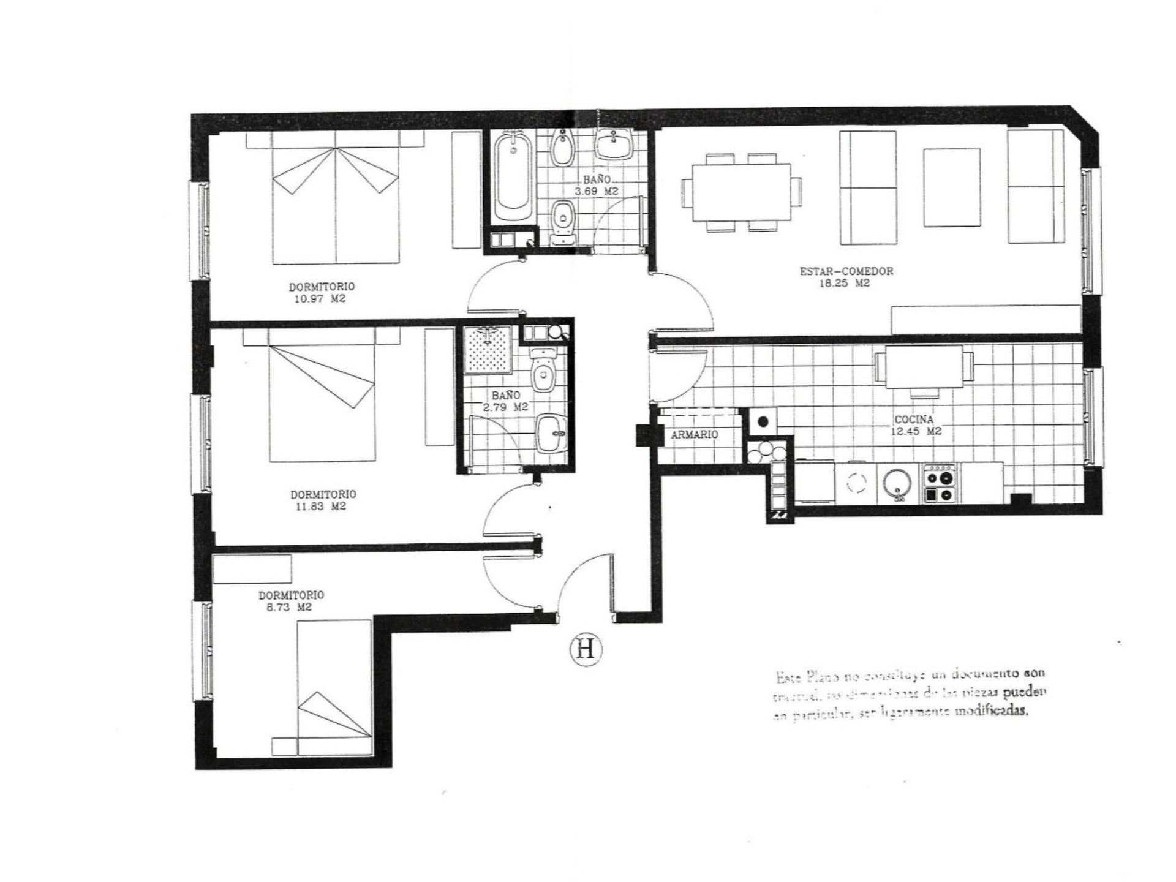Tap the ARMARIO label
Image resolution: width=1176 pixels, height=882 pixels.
click(694, 434)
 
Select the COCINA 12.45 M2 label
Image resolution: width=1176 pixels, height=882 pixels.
click(914, 425)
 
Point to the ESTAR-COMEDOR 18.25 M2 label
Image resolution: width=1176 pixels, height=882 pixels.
click(846, 277)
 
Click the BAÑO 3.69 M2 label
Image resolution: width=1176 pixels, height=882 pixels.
click(597, 185)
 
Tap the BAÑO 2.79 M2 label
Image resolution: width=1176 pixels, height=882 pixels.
click(506, 401)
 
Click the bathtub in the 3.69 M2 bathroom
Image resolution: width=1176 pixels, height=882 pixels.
click(513, 178)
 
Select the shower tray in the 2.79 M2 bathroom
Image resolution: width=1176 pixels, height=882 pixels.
click(488, 350)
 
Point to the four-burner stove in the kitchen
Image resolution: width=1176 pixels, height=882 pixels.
click(940, 484)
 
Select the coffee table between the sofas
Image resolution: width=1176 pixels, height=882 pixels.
click(952, 187)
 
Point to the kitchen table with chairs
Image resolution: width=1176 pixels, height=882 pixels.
click(924, 366)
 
